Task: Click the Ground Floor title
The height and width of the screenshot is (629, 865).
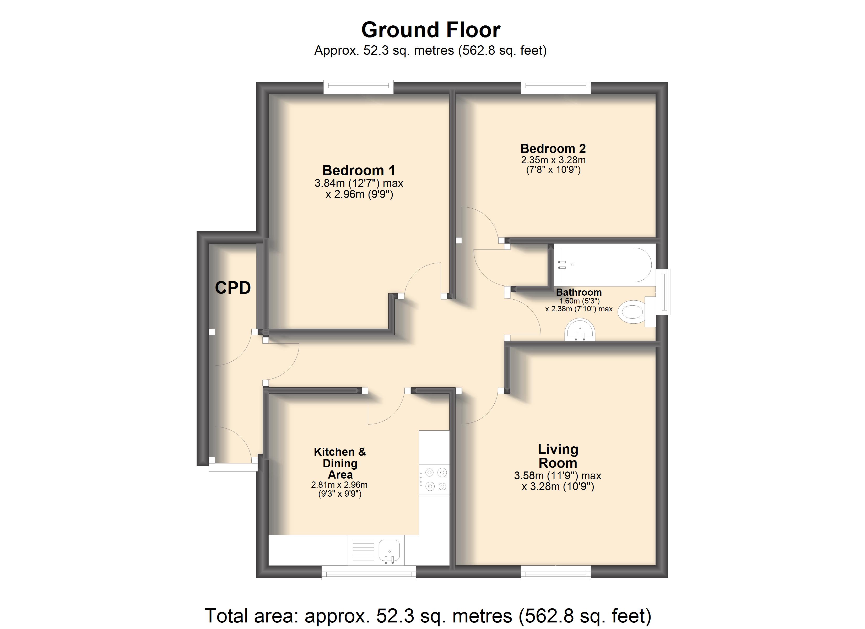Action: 431,30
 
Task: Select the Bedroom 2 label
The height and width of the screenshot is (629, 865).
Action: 553,148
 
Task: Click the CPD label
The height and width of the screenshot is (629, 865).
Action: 233,288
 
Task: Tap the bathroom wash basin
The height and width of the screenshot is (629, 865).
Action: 580,329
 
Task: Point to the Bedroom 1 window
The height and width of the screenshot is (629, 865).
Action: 359,86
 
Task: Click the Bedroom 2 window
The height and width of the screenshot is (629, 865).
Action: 556,86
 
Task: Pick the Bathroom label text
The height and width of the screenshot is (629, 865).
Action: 579,292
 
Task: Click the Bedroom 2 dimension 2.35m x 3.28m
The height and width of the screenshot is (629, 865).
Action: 553,160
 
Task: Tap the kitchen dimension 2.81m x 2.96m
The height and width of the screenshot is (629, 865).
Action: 339,485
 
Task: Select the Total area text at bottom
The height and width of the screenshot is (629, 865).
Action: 428,615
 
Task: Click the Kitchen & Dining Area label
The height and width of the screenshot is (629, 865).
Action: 340,463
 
